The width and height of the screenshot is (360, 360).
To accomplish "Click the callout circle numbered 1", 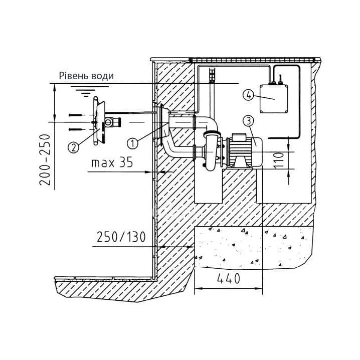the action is click(x=132, y=143).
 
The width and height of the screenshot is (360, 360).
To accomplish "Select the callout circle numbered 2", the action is click(x=74, y=147).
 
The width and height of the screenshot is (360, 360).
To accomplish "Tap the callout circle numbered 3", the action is click(x=249, y=121).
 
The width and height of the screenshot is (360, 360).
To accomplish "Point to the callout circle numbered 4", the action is click(x=249, y=95).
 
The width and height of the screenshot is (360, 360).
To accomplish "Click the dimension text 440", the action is click(x=229, y=278).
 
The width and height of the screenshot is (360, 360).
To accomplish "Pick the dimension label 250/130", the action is click(x=121, y=237).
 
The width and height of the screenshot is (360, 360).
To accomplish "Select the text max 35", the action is click(x=112, y=162).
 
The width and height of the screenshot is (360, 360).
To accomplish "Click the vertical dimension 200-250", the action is click(x=45, y=160).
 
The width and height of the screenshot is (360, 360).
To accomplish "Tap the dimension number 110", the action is click(x=279, y=160).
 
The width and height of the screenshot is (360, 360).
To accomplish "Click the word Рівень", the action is click(x=74, y=76).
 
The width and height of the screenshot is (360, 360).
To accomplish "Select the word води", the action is click(x=103, y=76).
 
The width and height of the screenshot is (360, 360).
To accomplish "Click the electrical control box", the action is click(x=274, y=99).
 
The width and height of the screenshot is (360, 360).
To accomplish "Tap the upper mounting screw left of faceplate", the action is click(x=76, y=115).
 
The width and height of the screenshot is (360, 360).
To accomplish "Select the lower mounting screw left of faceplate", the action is click(x=76, y=129).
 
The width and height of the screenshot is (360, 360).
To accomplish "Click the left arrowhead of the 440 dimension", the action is click(x=198, y=288).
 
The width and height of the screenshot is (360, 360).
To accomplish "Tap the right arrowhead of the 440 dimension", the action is click(x=259, y=288).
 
